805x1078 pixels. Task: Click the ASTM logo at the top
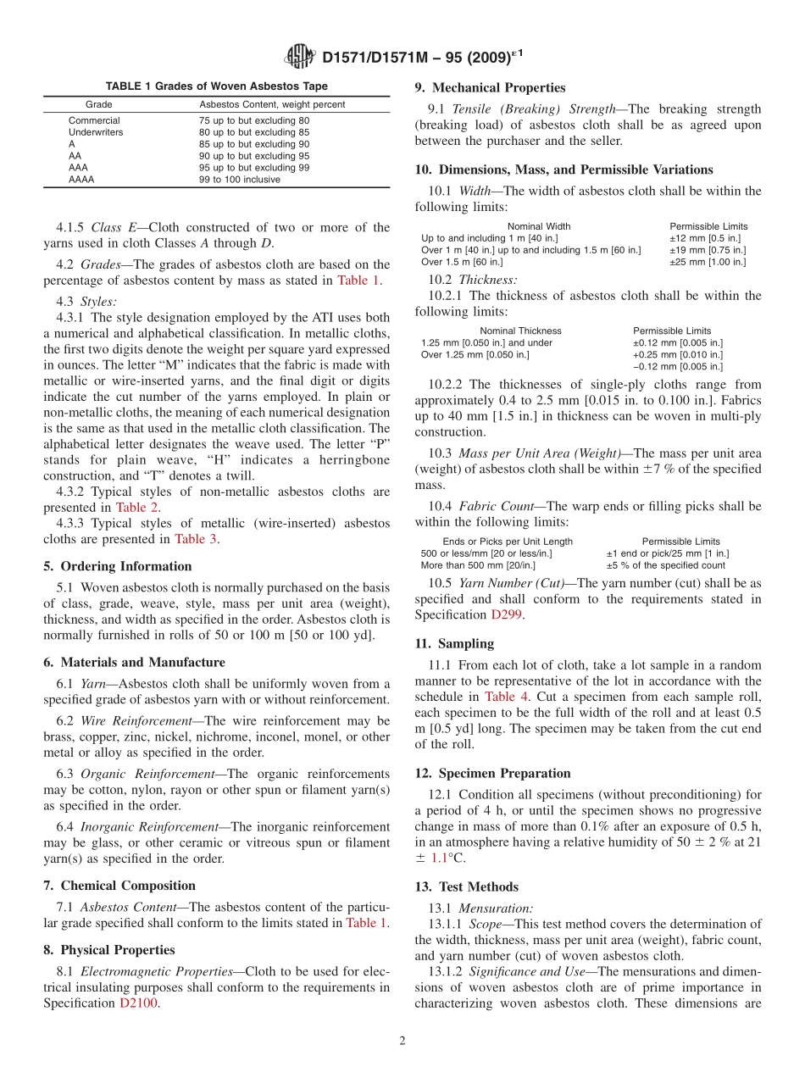[300, 57]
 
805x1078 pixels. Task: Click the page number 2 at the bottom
[402, 1041]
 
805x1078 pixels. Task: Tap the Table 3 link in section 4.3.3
[196, 538]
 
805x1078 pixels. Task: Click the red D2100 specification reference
[139, 1003]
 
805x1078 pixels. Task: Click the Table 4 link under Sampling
[507, 696]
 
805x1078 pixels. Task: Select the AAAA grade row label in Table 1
[81, 180]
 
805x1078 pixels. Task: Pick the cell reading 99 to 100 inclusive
[234, 180]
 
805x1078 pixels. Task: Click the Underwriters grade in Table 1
[95, 132]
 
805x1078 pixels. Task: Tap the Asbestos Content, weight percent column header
[272, 104]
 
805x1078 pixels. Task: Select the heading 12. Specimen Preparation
[492, 773]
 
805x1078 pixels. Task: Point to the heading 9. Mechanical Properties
[490, 87]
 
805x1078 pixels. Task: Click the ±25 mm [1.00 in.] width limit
[708, 262]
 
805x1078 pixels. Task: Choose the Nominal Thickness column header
[520, 331]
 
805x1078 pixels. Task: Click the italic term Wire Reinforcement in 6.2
[136, 721]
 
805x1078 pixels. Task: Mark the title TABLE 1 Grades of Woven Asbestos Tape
[216, 86]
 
